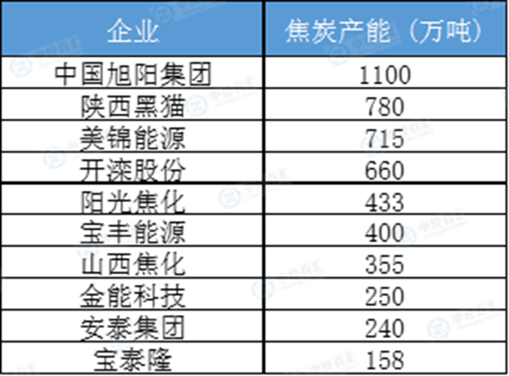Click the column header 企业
coord(133,32)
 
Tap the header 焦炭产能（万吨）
coord(385,32)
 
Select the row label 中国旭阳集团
coord(133,75)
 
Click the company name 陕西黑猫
coord(133,107)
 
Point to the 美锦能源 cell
coord(133,139)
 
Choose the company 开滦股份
coord(133,170)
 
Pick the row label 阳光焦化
coord(133,202)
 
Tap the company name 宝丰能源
coord(133,232)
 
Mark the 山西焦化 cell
coord(133,264)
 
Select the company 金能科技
coord(133,296)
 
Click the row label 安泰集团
coord(133,328)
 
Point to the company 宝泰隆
coord(133,360)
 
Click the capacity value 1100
coord(385,75)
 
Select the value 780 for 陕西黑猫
coord(385,107)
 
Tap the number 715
coord(385,139)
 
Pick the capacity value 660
coord(385,170)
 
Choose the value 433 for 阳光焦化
coord(385,202)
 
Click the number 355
coord(385,265)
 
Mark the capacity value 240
coord(385,329)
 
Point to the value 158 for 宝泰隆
coord(385,361)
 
